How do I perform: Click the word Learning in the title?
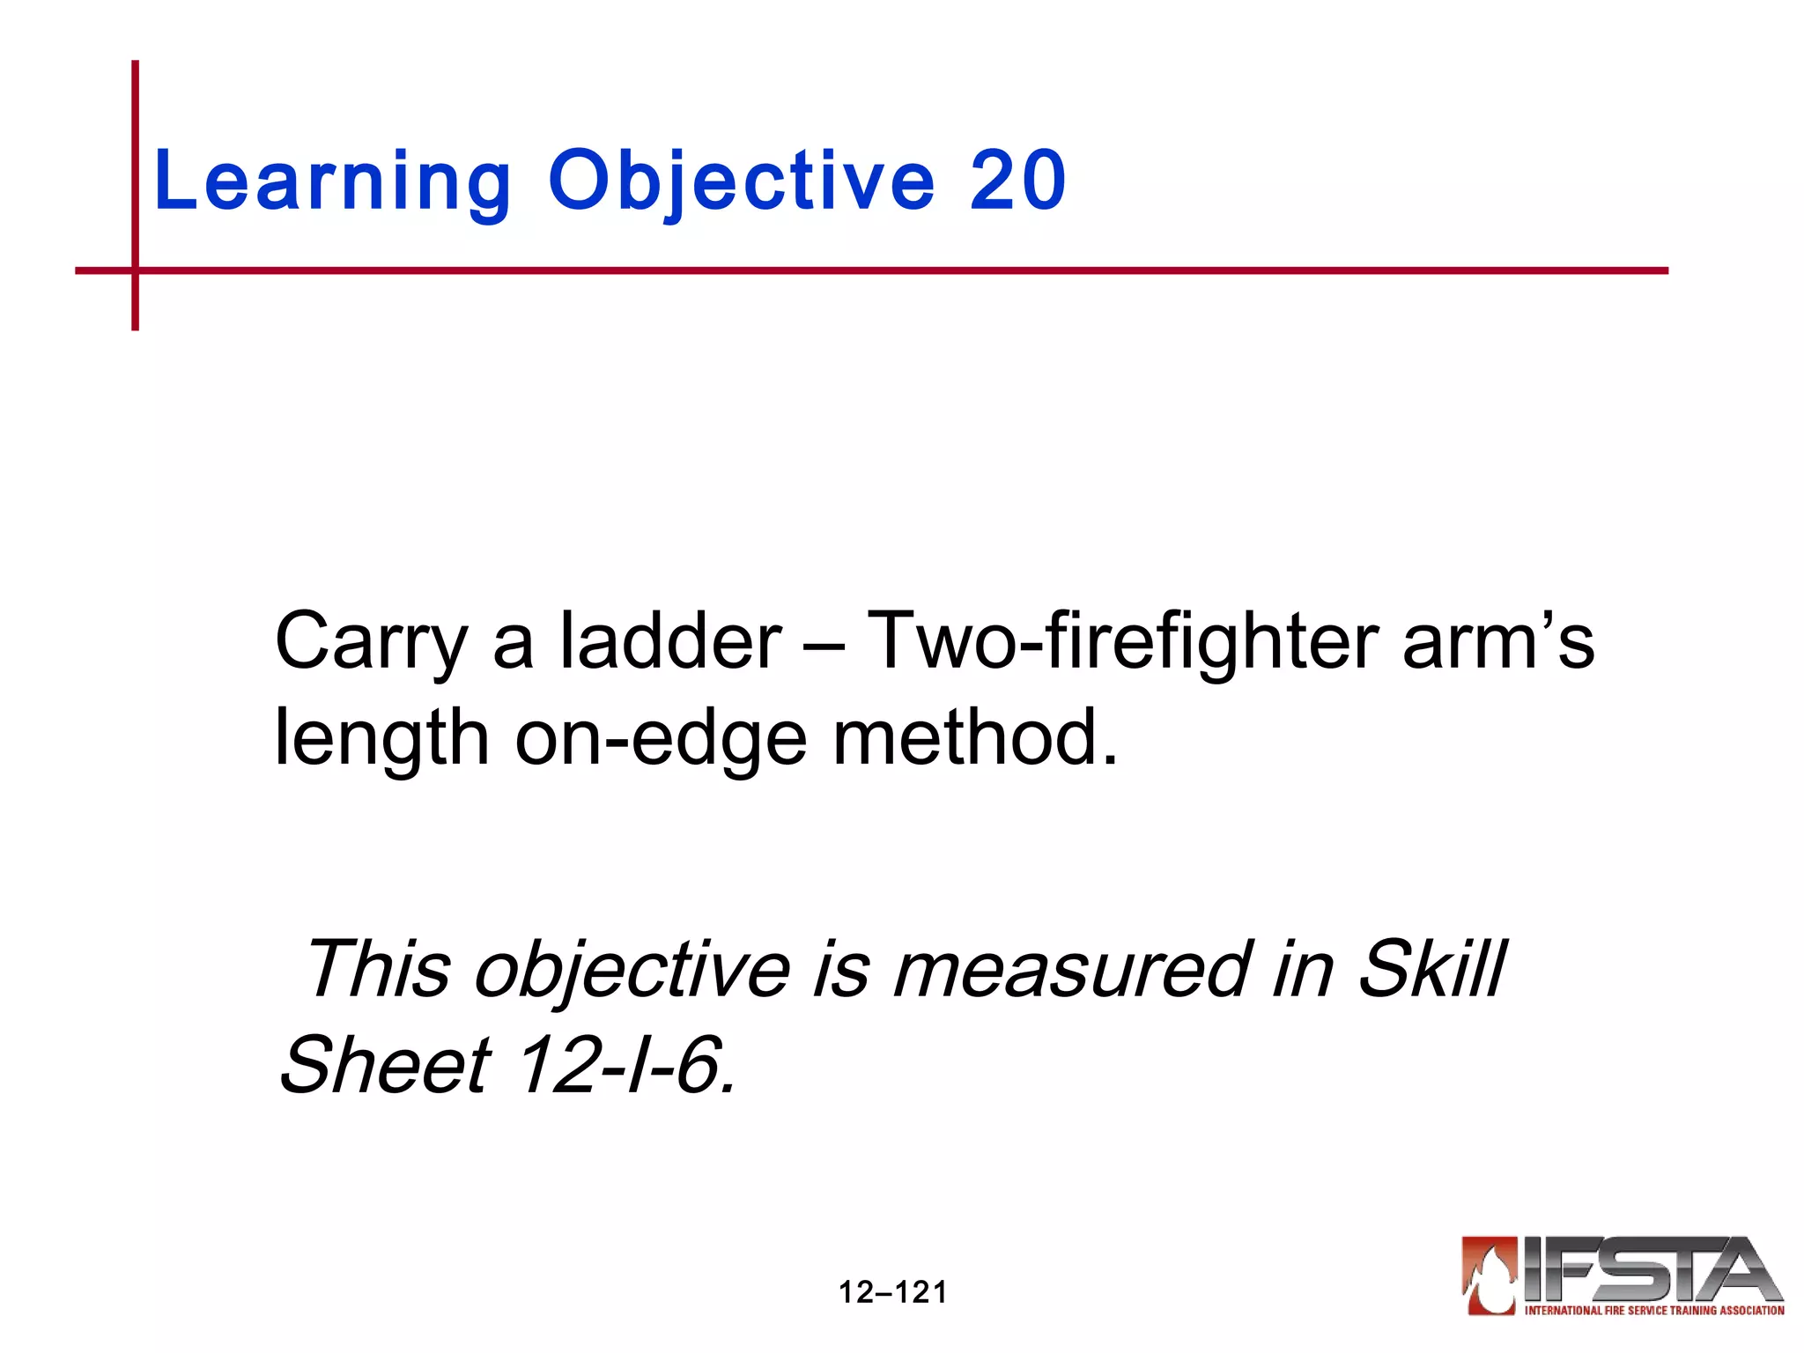pyautogui.click(x=331, y=182)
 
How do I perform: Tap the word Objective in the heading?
pyautogui.click(x=741, y=182)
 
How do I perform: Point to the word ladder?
pyautogui.click(x=670, y=640)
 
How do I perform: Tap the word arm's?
pyautogui.click(x=1497, y=640)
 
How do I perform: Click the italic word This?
pyautogui.click(x=377, y=969)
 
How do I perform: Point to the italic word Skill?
pyautogui.click(x=1432, y=969)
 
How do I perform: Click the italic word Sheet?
pyautogui.click(x=384, y=1065)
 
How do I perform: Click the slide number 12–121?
pyautogui.click(x=892, y=1292)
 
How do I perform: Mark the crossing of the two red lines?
pyautogui.click(x=135, y=270)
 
